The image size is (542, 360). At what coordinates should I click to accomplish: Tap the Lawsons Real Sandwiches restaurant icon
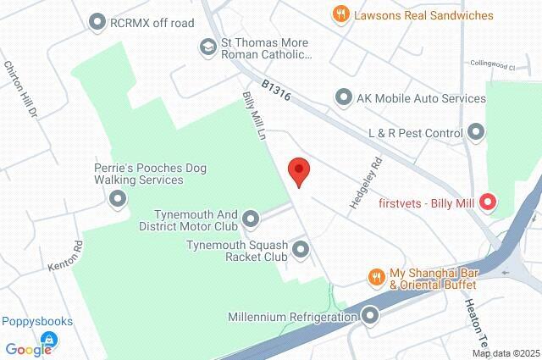pos(340,14)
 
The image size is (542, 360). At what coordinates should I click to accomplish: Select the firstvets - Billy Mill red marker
pos(487,202)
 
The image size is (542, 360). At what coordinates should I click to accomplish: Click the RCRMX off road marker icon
pos(98,23)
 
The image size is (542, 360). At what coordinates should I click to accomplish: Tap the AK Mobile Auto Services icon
pos(344,98)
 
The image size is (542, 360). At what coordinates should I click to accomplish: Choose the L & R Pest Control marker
pos(476,132)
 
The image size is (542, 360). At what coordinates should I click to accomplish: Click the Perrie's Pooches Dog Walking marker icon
pos(118,199)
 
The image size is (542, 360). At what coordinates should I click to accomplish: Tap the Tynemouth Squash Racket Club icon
pos(300,249)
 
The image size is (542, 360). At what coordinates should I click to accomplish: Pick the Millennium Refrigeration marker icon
pos(369,317)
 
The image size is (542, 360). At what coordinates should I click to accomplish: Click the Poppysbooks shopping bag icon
pos(48,340)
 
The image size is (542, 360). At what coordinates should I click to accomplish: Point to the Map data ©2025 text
pos(506,353)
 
